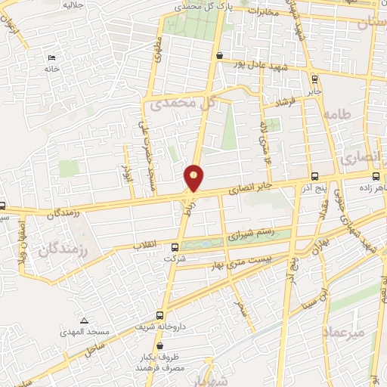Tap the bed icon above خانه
tap(51, 58)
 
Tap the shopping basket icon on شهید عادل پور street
tap(219, 55)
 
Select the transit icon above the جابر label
tap(314, 76)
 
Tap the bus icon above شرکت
tap(175, 246)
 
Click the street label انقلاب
tap(144, 246)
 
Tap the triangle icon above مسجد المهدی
tap(85, 320)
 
